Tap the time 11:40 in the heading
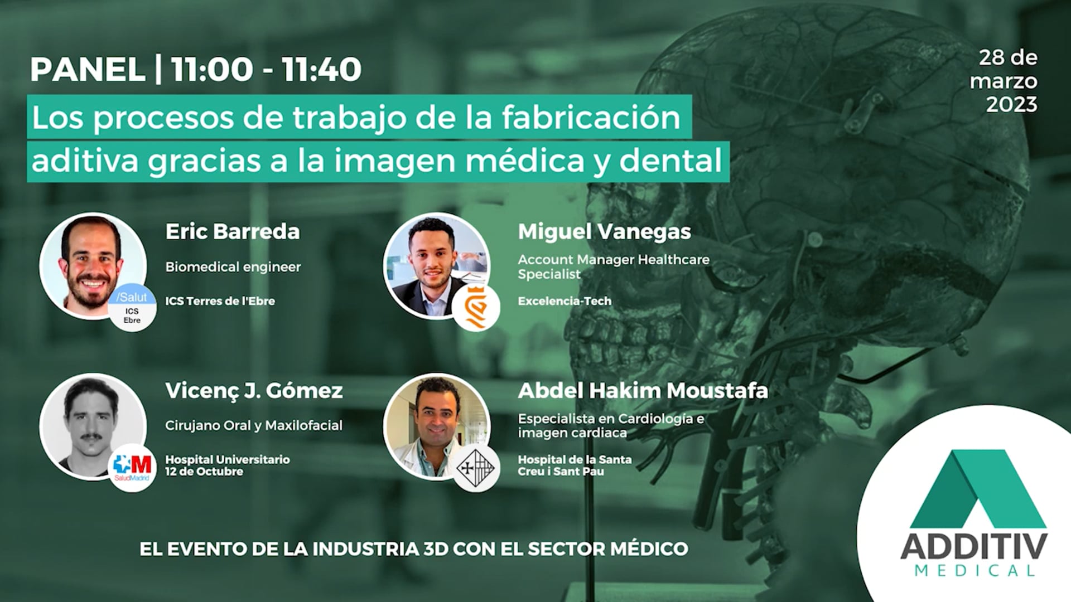[322, 70]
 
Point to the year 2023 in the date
[1011, 104]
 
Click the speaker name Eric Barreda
[232, 231]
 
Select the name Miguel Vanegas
[604, 231]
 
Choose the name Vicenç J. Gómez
[254, 391]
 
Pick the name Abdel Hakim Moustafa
[643, 391]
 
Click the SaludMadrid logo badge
[132, 467]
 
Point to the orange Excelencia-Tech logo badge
[476, 308]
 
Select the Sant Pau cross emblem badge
[476, 468]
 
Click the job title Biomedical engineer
[233, 267]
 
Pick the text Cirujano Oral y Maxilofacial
[254, 425]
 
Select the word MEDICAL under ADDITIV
[974, 570]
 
